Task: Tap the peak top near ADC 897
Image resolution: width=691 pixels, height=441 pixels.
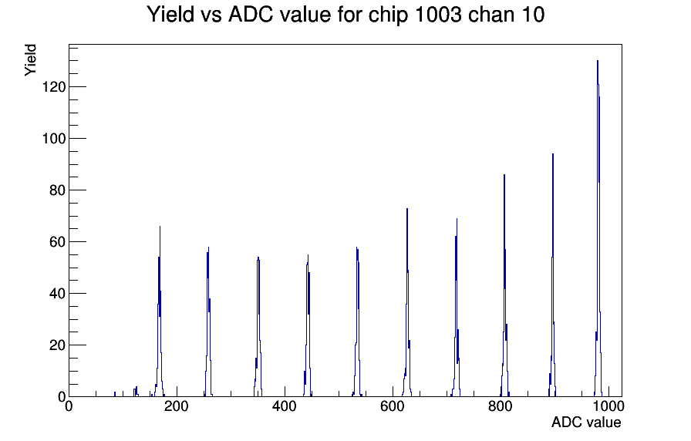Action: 553,155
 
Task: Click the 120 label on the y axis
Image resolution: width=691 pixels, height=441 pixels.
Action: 54,87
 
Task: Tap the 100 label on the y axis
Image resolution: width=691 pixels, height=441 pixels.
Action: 54,138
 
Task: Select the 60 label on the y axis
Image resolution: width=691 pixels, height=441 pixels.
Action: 58,242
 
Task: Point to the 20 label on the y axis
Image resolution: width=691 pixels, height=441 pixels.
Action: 58,345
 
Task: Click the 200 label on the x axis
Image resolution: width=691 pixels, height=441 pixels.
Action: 177,406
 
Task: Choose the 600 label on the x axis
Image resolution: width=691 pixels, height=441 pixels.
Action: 393,406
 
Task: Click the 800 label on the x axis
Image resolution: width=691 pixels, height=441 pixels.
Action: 501,406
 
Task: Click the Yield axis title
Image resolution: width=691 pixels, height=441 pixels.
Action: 30,60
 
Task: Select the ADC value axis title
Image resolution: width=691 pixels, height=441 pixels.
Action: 586,422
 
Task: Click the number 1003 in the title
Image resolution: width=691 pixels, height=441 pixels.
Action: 438,15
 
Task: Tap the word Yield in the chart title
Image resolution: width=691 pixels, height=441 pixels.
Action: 170,15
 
